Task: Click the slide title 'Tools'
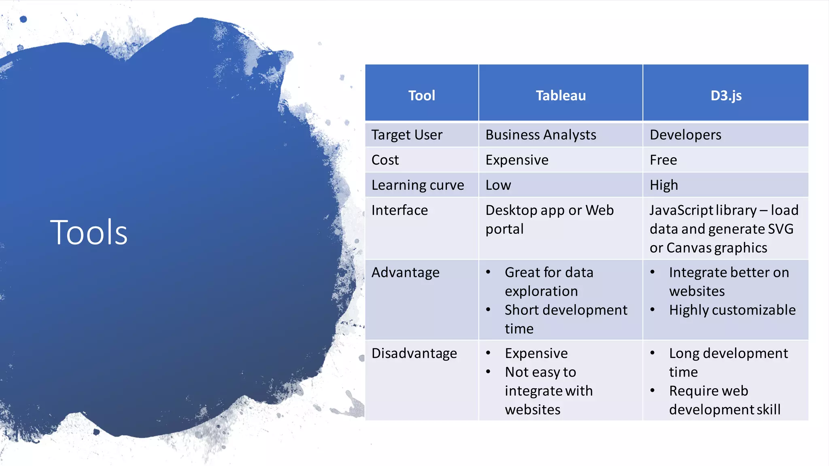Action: pos(89,232)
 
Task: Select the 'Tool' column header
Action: pos(421,95)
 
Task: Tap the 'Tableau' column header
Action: pos(561,95)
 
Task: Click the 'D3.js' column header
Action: pos(726,95)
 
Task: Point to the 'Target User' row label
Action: pos(407,135)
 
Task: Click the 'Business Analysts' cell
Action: pos(541,135)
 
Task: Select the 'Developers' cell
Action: pos(685,135)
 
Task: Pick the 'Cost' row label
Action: pos(385,160)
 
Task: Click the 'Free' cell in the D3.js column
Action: pos(663,160)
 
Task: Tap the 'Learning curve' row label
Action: pos(418,185)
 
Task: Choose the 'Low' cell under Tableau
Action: pos(498,185)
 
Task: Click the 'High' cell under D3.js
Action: pos(664,185)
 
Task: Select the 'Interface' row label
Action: pos(400,210)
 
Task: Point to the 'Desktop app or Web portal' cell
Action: pos(549,219)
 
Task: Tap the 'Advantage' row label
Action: pos(405,272)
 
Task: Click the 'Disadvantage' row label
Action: pos(414,353)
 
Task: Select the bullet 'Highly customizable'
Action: pos(732,310)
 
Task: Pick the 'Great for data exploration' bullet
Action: pos(549,282)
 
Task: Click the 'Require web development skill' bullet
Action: pos(725,400)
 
